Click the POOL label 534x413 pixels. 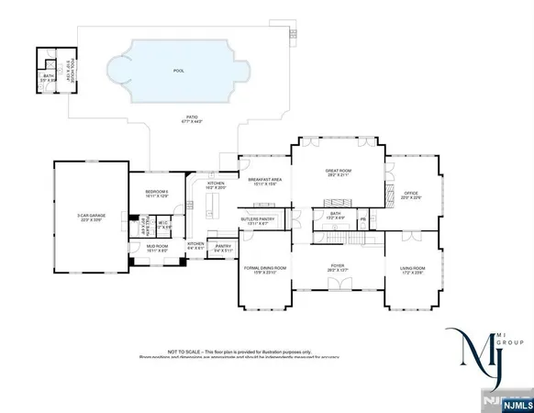pos(178,70)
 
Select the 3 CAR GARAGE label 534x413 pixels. pos(91,217)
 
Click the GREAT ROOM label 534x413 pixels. pos(339,171)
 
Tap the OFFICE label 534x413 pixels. pos(410,193)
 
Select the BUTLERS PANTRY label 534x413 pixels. pos(258,219)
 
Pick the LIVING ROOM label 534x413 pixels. pos(413,268)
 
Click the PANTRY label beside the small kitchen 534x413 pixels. pos(222,246)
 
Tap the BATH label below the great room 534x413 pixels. pos(336,214)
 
